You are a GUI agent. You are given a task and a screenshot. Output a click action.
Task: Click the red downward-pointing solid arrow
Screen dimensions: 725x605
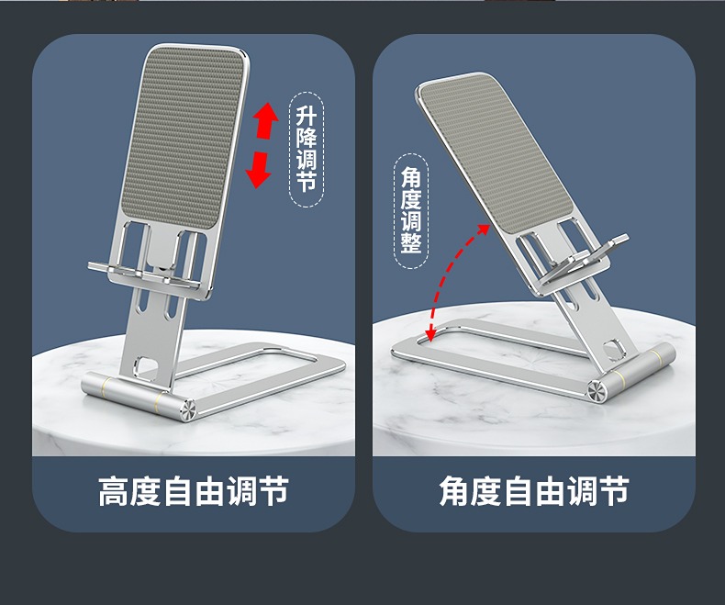258,170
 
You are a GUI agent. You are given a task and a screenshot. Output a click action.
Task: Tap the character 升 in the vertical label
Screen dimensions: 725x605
307,116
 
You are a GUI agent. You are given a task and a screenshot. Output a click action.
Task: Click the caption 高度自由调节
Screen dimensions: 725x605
194,491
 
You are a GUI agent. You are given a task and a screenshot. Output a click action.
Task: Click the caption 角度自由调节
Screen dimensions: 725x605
534,491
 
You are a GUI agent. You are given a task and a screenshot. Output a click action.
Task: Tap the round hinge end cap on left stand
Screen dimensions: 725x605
188,410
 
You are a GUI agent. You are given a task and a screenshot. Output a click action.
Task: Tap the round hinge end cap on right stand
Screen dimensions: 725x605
597,391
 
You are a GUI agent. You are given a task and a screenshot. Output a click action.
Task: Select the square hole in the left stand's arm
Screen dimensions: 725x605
148,364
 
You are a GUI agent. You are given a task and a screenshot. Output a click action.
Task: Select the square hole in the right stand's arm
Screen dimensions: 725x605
614,349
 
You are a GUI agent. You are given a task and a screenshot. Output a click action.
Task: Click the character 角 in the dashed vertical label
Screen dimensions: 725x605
411,176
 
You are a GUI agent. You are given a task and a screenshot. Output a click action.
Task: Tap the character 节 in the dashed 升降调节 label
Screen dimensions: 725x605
307,181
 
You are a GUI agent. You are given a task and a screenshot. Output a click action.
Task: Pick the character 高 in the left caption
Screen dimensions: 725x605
114,491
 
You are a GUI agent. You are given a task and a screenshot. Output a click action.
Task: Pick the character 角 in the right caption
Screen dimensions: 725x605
454,491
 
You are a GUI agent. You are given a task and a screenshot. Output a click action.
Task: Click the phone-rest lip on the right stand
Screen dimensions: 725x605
584,259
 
